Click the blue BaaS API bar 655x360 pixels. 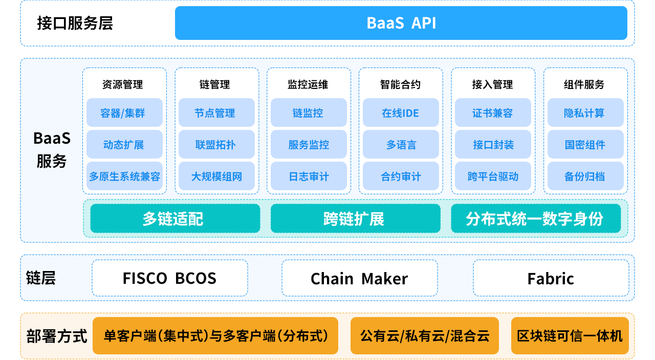401,23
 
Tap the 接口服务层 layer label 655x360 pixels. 75,24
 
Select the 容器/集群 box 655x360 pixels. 124,113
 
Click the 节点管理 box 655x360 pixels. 216,113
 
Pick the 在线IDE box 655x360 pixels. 401,113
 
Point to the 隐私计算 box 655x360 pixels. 585,113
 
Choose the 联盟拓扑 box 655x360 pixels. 216,144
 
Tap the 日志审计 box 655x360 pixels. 309,176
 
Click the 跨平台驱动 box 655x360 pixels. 493,176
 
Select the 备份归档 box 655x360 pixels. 585,176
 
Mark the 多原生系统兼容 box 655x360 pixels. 124,176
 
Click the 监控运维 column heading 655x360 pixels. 308,84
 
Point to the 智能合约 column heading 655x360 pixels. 400,84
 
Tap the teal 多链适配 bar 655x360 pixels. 175,218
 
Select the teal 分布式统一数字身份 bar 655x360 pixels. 536,218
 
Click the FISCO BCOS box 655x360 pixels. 170,278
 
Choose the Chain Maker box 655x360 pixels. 359,278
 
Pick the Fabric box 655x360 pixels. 551,278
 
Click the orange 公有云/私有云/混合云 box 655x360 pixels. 425,336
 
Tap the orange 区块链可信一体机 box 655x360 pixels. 570,336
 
